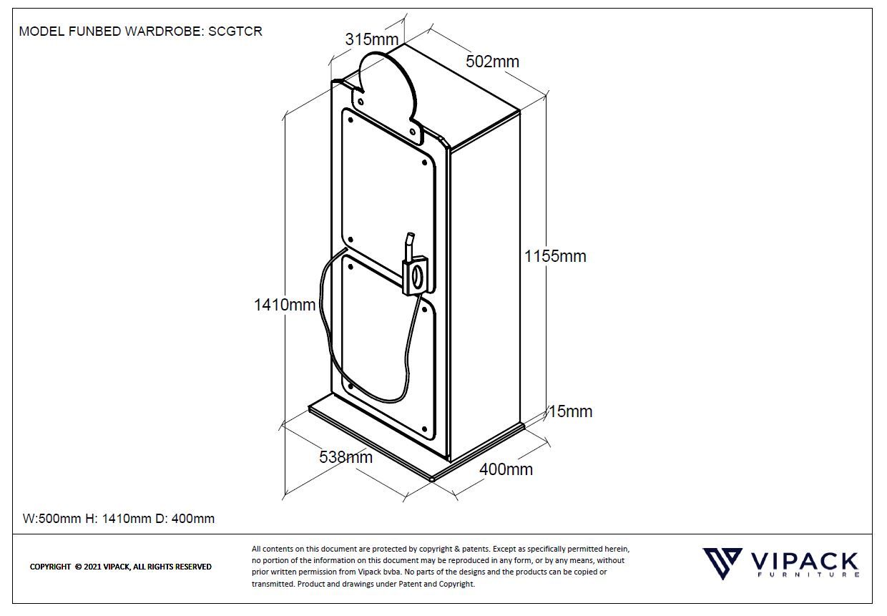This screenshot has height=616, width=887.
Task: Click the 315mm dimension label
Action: tap(371, 39)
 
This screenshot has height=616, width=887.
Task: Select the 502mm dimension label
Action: tap(492, 62)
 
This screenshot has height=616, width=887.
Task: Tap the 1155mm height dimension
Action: tap(555, 256)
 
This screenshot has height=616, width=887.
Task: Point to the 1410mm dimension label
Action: tap(285, 305)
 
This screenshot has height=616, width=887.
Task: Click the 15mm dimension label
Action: tap(571, 411)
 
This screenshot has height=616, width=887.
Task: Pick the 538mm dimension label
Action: tap(346, 456)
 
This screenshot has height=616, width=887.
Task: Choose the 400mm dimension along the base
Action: tap(506, 469)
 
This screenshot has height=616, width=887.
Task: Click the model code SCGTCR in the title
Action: tap(235, 31)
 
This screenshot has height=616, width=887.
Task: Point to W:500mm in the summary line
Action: tap(52, 519)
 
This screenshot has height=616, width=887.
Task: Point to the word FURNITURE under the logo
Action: tap(807, 575)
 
